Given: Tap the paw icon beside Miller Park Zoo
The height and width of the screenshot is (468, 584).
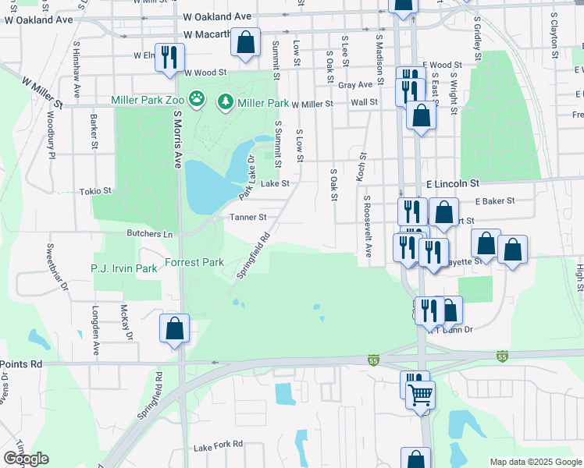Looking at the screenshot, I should point(198,100).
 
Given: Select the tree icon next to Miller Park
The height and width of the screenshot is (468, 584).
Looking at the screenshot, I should point(226,101).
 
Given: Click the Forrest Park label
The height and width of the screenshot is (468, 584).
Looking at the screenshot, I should point(194,262).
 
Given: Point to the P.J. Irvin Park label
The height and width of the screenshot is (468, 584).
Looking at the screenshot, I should point(124,268).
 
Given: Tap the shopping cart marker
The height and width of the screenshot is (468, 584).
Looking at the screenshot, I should point(420,395).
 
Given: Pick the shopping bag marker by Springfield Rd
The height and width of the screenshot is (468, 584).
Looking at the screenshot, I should point(174,327).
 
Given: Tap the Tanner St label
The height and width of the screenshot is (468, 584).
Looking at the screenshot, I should point(247,218).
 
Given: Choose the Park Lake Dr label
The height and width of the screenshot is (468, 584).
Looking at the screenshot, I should point(246,176).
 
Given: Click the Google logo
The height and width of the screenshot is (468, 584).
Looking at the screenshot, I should point(26,459).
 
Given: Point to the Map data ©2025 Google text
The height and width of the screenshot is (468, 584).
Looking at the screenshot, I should point(535,462).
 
